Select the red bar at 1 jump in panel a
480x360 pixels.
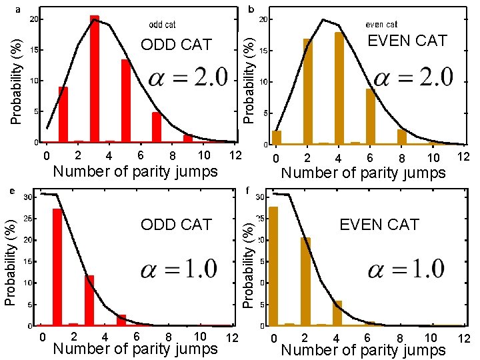[x=63, y=115]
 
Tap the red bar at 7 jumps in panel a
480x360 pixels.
[x=157, y=127]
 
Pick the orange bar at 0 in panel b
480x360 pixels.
[x=277, y=137]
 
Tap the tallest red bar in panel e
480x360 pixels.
[x=57, y=267]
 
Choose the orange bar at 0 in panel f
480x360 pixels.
[x=273, y=267]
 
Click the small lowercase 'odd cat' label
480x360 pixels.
[x=162, y=25]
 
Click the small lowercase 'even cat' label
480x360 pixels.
[x=381, y=25]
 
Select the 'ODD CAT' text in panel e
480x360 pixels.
[x=176, y=225]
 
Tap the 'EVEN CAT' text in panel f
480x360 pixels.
[x=379, y=225]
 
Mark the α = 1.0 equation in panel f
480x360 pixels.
[x=405, y=269]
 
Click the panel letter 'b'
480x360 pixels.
[x=251, y=9]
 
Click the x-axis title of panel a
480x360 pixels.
[x=135, y=172]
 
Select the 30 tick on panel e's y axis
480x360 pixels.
[x=27, y=197]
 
